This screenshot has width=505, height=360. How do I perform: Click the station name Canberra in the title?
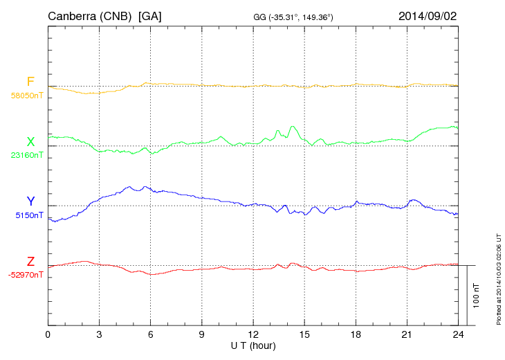[70, 15]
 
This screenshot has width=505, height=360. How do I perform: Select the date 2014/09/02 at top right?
[427, 15]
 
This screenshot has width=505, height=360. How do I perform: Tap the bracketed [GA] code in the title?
[150, 15]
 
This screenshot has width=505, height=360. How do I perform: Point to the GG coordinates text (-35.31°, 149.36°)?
[293, 17]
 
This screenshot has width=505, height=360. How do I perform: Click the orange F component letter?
[30, 82]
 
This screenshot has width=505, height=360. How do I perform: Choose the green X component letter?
[30, 142]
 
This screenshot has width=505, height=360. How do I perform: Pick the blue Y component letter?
[30, 202]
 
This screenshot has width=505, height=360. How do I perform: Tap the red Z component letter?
[30, 262]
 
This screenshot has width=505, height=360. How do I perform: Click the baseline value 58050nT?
[26, 96]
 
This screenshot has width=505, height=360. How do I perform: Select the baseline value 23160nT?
[26, 156]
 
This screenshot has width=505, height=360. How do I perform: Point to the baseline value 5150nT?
[28, 215]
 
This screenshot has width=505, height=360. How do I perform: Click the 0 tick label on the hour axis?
[48, 334]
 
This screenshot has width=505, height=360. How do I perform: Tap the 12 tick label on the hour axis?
[253, 334]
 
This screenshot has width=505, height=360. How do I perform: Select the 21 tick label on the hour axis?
[407, 334]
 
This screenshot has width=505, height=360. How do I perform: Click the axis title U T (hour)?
[253, 345]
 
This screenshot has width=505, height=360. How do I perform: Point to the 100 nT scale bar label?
[476, 295]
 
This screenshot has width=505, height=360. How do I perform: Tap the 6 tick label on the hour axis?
[151, 334]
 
